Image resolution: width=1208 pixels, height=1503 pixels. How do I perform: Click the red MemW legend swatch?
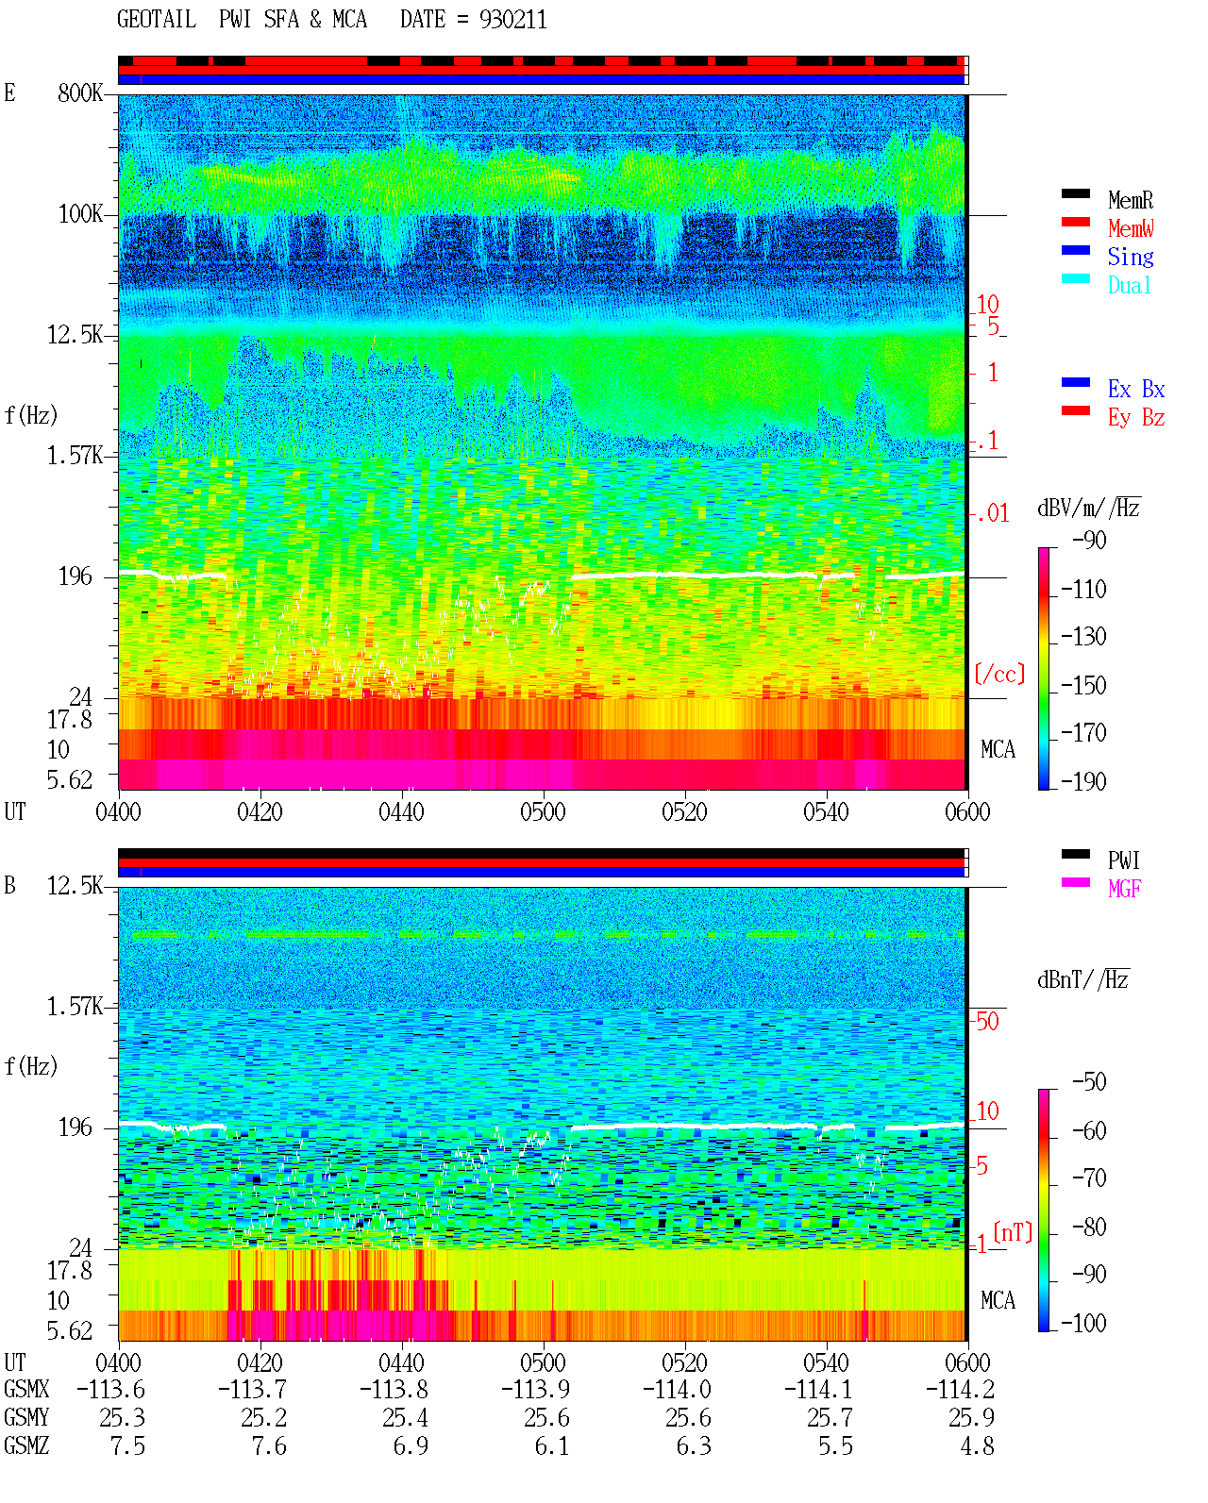[x=1075, y=222]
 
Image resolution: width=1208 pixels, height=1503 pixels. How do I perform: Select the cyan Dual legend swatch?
[x=1075, y=278]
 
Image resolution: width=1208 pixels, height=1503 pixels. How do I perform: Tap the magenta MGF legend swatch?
[x=1075, y=882]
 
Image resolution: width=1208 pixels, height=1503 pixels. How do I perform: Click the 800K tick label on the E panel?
[x=80, y=92]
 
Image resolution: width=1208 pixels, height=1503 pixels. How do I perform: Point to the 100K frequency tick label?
[x=80, y=214]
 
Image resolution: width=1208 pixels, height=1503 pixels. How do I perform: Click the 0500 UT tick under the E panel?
[x=543, y=812]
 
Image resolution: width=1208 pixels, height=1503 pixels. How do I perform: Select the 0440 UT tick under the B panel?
[x=402, y=1362]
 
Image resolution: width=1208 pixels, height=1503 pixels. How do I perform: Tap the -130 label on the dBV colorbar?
[x=1083, y=637]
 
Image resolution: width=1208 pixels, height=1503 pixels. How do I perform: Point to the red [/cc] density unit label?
[x=999, y=674]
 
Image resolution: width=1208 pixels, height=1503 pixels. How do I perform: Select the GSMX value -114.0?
[x=677, y=1390]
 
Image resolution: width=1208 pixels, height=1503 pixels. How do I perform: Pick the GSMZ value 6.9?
[x=411, y=1445]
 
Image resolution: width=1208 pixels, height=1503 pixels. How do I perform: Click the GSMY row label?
[x=26, y=1418]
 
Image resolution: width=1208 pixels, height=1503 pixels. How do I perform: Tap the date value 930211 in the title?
[x=512, y=20]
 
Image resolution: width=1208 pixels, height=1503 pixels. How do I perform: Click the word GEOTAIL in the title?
[x=157, y=20]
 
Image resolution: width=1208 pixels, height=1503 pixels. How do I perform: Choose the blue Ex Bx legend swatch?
[x=1075, y=382]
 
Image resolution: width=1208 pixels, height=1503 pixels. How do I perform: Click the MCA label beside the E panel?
[x=998, y=749]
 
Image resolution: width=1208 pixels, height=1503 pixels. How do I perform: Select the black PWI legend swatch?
[x=1075, y=854]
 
